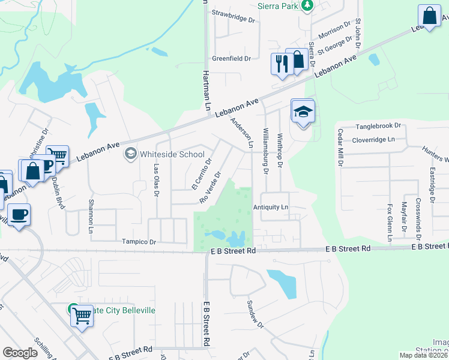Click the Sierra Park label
[x=278, y=6]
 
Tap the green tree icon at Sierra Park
[x=307, y=5]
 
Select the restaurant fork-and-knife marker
[x=281, y=64]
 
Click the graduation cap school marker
[x=303, y=112]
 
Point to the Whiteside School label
[x=172, y=154]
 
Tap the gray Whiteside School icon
[x=130, y=154]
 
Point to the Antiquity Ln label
[x=271, y=207]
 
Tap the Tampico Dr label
[x=139, y=242]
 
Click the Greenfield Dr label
[x=231, y=59]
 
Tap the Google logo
[x=20, y=353]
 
